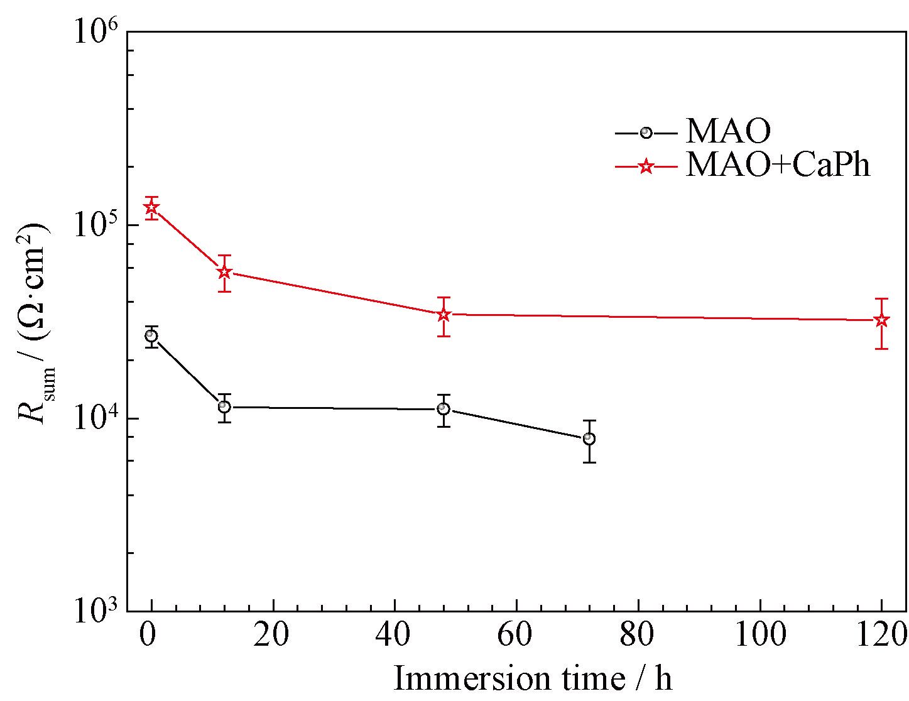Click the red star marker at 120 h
pyautogui.click(x=881, y=320)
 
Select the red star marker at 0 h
pyautogui.click(x=151, y=207)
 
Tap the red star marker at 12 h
pyautogui.click(x=224, y=273)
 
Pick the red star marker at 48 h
pyautogui.click(x=444, y=315)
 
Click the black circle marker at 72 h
pyautogui.click(x=589, y=438)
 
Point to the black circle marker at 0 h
pyautogui.click(x=151, y=336)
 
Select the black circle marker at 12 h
pyautogui.click(x=224, y=407)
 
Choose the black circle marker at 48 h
pyautogui.click(x=444, y=409)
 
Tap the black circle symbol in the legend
pyautogui.click(x=645, y=133)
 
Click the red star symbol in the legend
pyautogui.click(x=645, y=167)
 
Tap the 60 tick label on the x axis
pyautogui.click(x=516, y=636)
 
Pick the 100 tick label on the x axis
pyautogui.click(x=760, y=636)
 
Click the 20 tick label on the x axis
pyautogui.click(x=273, y=636)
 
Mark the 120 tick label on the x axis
pyautogui.click(x=881, y=636)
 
